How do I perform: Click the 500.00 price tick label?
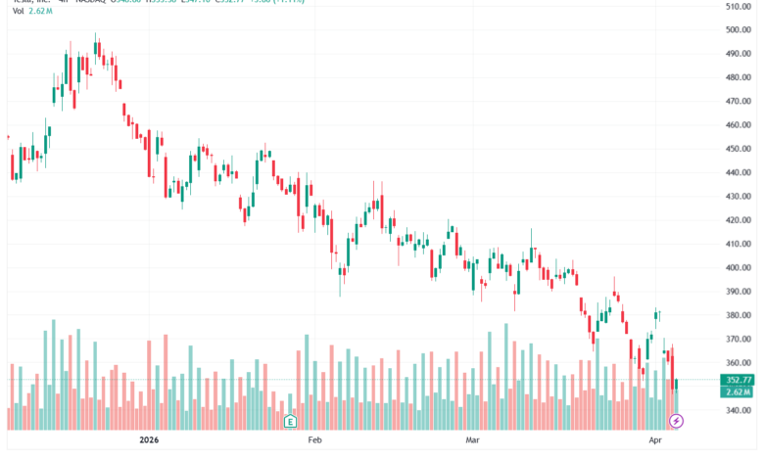(738, 29)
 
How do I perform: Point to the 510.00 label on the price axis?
(738, 6)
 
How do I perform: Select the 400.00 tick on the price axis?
(738, 267)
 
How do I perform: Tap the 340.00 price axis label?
(738, 410)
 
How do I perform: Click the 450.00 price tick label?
(738, 149)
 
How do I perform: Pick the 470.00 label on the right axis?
(738, 101)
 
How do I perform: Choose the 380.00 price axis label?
(738, 315)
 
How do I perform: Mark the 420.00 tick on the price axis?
(738, 220)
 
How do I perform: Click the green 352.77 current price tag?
(738, 380)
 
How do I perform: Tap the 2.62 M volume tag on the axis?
(738, 391)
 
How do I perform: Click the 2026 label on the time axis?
(150, 441)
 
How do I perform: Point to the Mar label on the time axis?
(474, 441)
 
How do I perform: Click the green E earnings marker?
(290, 422)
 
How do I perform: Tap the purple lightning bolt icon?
(676, 422)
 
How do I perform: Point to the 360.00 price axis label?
(738, 362)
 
